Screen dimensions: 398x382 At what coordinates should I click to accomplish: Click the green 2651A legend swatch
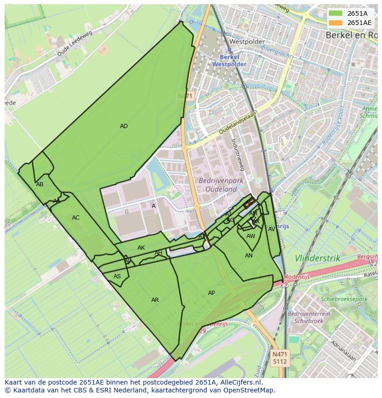336,13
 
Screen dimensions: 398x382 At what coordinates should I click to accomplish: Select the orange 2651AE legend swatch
336,23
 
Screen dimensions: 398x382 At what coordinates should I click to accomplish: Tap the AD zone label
124,126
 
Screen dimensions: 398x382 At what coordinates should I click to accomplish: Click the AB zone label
40,184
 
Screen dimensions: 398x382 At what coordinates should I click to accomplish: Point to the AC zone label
76,218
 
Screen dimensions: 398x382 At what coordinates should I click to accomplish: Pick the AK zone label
141,248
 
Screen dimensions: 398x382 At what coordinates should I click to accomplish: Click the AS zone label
117,276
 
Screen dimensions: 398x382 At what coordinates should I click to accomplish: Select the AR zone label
155,300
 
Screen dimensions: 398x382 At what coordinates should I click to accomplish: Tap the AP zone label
211,293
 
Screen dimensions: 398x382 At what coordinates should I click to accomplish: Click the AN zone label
249,256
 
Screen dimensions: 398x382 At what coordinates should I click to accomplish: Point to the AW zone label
251,236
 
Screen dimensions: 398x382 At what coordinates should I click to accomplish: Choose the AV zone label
272,229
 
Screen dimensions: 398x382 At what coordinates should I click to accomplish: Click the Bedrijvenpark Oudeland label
218,185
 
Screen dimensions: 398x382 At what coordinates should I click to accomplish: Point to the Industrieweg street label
240,154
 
